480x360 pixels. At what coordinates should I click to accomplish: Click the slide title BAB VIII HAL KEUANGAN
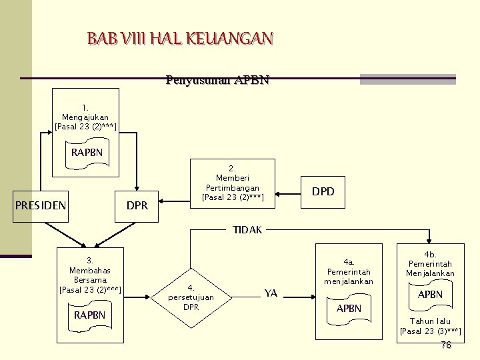coord(179,38)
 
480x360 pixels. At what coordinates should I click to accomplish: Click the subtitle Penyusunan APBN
coord(217,81)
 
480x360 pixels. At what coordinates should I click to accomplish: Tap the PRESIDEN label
coord(41,205)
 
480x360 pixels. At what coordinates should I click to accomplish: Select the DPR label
coord(137,206)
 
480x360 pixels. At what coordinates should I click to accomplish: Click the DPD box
coord(323,192)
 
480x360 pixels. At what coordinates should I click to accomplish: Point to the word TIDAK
coord(247,230)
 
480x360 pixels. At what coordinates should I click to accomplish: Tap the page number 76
coord(446,345)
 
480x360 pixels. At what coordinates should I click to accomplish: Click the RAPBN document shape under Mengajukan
coord(87,153)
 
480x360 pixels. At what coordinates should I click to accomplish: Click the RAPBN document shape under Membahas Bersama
coord(89,315)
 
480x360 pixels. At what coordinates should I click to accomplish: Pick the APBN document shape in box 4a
coord(349,309)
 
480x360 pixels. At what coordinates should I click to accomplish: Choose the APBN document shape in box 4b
coord(430,295)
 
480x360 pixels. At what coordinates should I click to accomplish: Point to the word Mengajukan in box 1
coord(85,117)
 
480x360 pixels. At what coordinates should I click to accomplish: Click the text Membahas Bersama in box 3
coord(89,275)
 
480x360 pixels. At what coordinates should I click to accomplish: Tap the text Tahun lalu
coord(430,321)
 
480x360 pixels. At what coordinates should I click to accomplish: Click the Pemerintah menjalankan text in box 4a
coord(348,276)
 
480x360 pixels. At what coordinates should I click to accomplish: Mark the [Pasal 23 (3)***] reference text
coord(430,331)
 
